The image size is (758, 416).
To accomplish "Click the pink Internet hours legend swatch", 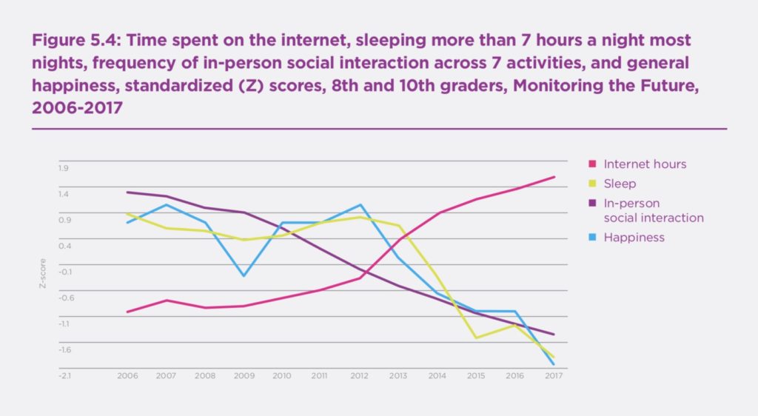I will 591,164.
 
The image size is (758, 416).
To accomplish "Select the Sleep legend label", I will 620,184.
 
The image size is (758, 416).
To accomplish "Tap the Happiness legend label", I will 634,238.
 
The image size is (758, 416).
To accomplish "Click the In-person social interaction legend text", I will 653,210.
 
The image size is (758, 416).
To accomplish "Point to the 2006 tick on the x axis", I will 127,376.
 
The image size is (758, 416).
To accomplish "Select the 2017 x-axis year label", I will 554,376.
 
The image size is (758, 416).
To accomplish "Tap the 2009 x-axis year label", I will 244,376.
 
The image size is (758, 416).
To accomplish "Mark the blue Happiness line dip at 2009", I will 244,276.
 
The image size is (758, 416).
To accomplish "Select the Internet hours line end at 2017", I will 554,177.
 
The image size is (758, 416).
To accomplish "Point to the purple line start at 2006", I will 127,192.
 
